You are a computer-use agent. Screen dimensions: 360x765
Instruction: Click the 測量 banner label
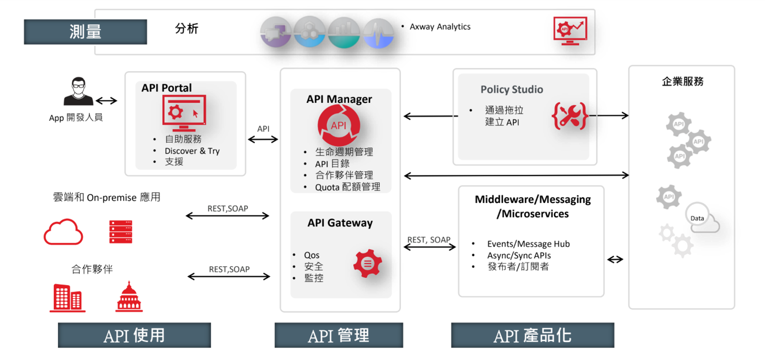pos(85,32)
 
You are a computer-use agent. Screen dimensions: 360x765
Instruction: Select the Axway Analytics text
pos(440,27)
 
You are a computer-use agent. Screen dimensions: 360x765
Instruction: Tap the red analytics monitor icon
pos(570,32)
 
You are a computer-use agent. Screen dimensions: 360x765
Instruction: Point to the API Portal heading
pos(167,88)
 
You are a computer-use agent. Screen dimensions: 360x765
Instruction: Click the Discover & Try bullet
pos(192,151)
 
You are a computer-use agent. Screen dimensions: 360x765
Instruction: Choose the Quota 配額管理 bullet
pos(347,187)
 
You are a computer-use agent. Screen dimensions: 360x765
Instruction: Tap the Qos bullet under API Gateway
pos(312,255)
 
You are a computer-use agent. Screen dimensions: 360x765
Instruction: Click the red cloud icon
pos(63,232)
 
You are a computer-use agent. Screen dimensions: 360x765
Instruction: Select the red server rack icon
pos(120,232)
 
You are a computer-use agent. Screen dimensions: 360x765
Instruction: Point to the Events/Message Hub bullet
pos(528,244)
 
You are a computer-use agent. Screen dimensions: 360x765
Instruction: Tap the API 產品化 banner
pos(532,335)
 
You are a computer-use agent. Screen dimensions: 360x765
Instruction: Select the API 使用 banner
pos(134,335)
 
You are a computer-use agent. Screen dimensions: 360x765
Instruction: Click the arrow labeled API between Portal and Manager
pos(263,139)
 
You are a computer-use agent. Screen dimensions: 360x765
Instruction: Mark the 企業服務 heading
pos(682,82)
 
